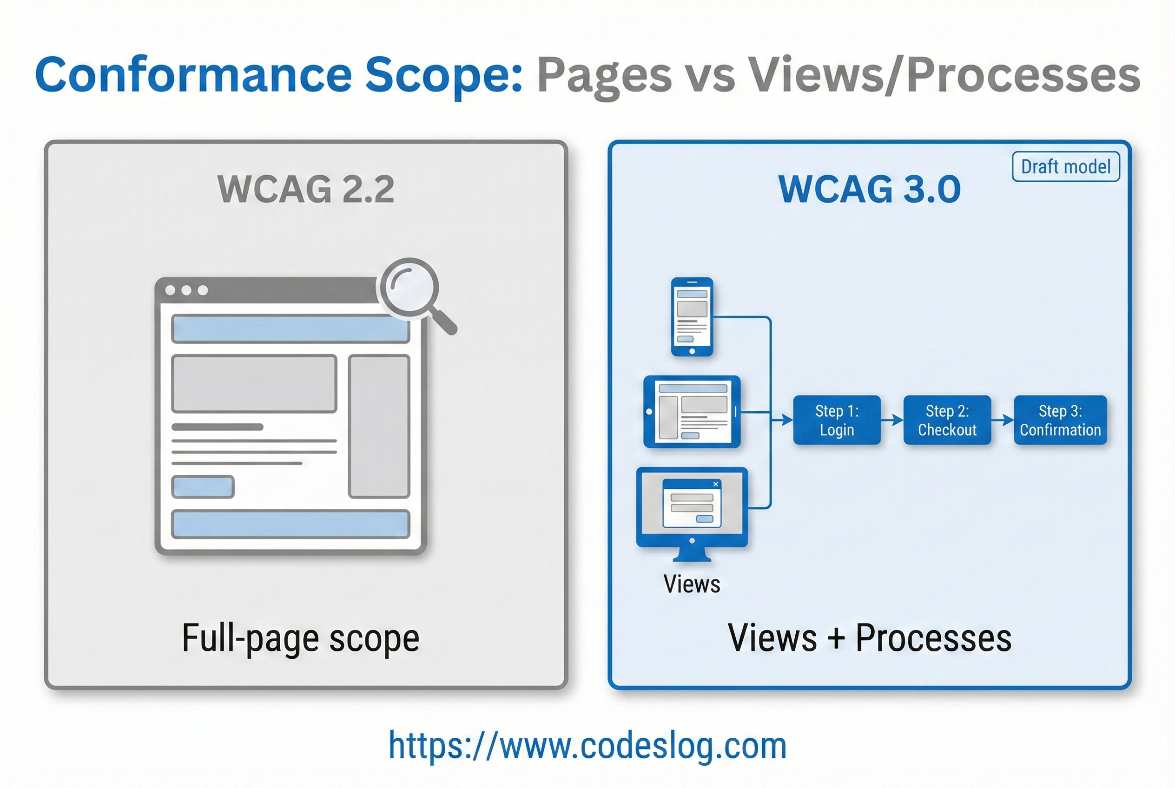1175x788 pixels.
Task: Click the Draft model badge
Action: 1065,166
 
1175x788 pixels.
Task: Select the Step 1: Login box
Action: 837,420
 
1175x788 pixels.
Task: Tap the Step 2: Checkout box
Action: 947,420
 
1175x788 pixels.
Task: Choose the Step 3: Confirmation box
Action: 1060,420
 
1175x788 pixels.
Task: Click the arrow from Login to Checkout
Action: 892,420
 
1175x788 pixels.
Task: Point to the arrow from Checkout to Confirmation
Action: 1003,420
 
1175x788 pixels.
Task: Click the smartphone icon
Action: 692,316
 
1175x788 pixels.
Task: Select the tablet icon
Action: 692,412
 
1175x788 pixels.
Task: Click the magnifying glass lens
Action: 410,288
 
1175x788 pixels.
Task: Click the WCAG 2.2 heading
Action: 306,189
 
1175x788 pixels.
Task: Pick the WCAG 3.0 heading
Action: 869,189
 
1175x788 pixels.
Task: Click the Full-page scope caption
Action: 301,638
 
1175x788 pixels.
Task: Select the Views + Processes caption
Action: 869,638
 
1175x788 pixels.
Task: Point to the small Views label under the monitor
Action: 692,584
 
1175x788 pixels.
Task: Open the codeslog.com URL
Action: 587,746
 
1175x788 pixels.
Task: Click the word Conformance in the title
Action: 193,75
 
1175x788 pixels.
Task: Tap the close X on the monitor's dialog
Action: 715,484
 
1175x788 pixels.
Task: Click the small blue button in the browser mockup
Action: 203,486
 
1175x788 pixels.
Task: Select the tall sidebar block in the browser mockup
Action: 379,426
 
